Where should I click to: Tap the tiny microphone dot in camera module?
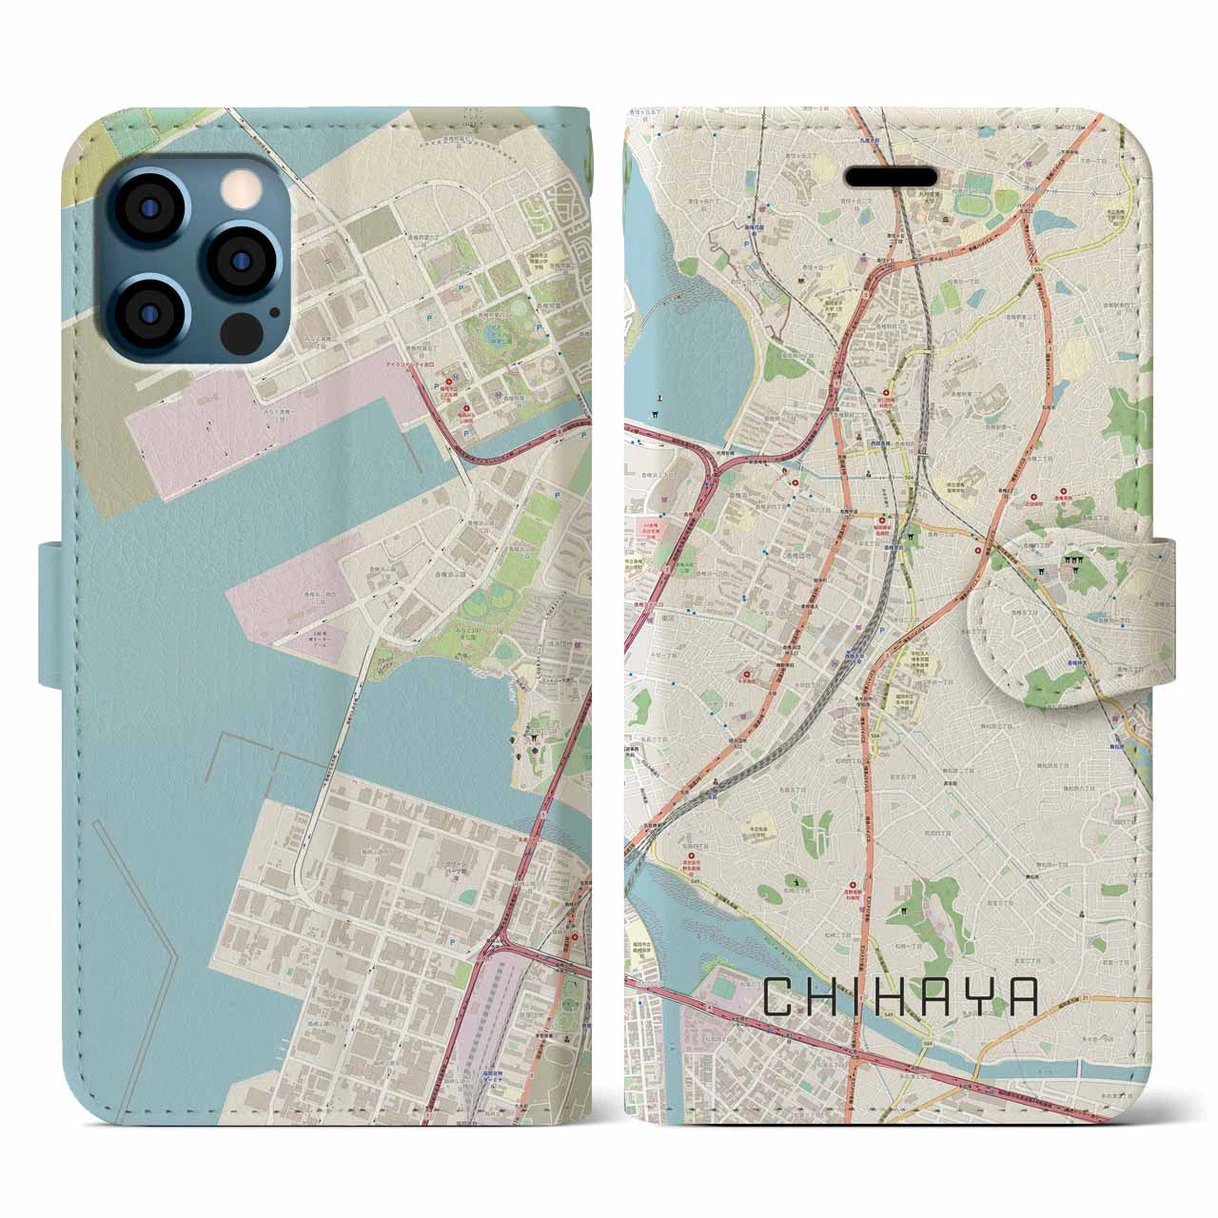point(275,311)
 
